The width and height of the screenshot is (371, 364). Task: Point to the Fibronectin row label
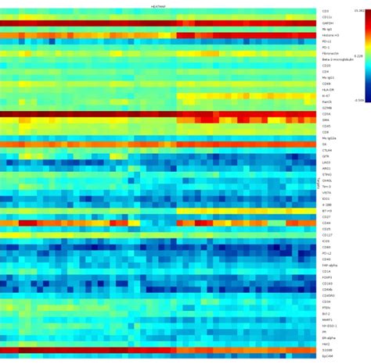click(x=330, y=53)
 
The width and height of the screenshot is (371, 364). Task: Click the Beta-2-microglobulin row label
click(x=336, y=59)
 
